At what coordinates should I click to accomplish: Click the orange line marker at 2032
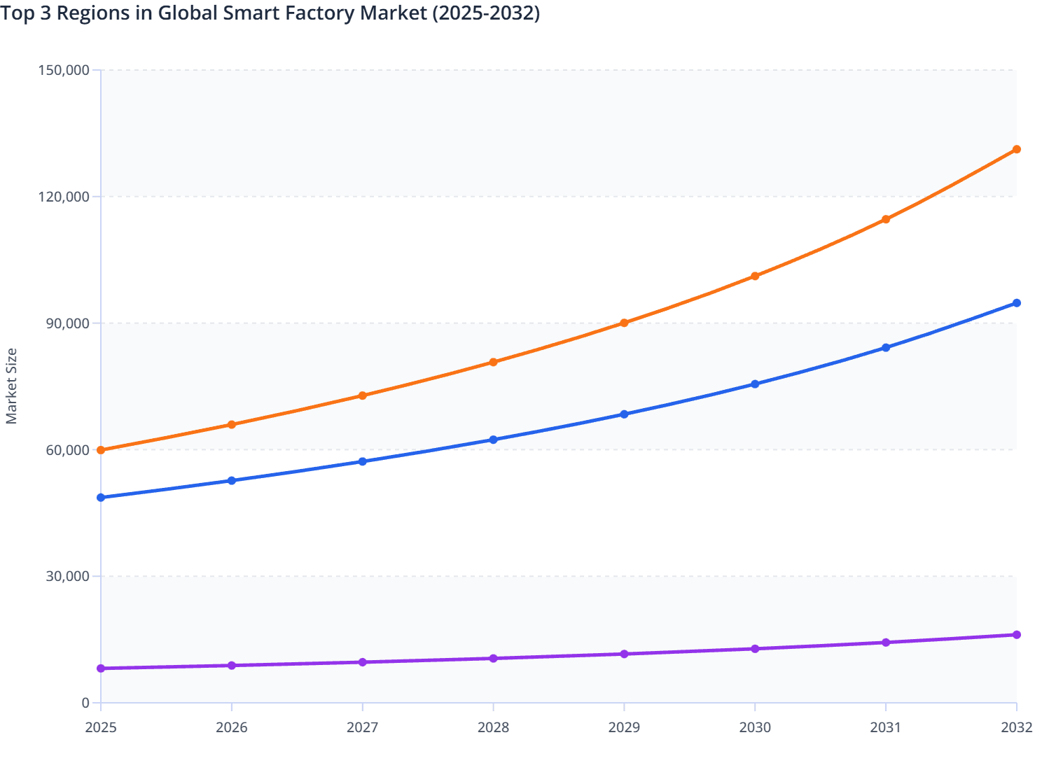tap(1016, 149)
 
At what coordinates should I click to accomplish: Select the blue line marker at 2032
tap(1016, 303)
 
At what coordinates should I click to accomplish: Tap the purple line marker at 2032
tap(1016, 635)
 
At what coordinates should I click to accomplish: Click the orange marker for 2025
tap(101, 450)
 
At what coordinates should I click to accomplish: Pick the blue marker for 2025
tap(101, 498)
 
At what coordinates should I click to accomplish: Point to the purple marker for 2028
tap(493, 659)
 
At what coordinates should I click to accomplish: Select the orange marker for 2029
tap(624, 323)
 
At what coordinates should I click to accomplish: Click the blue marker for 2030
tap(755, 384)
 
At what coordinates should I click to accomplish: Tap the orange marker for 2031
tap(886, 219)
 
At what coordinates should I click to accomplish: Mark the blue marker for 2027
tap(363, 461)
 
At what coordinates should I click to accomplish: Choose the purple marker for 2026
tap(232, 666)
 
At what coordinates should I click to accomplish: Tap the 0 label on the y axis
tap(85, 703)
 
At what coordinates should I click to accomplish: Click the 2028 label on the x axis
tap(493, 727)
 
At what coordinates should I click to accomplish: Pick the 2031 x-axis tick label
tap(886, 727)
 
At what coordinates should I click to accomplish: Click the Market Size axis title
tap(12, 386)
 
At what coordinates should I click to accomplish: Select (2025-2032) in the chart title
tap(486, 13)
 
